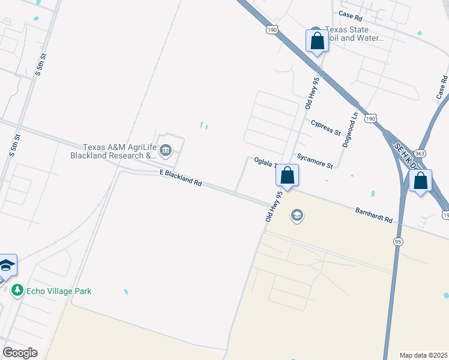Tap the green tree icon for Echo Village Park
click(x=17, y=291)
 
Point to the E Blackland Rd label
click(x=180, y=178)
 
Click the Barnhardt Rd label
click(x=373, y=215)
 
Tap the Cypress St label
click(x=326, y=127)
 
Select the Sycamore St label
click(x=315, y=160)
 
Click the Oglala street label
click(x=264, y=162)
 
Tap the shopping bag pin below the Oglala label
click(x=288, y=176)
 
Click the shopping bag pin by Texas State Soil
click(x=318, y=41)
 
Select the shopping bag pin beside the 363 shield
click(x=420, y=181)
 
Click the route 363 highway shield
click(x=405, y=154)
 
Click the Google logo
click(x=20, y=353)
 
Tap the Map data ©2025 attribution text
click(x=424, y=355)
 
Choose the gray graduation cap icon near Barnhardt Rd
click(x=297, y=215)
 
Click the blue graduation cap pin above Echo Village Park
click(x=6, y=265)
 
